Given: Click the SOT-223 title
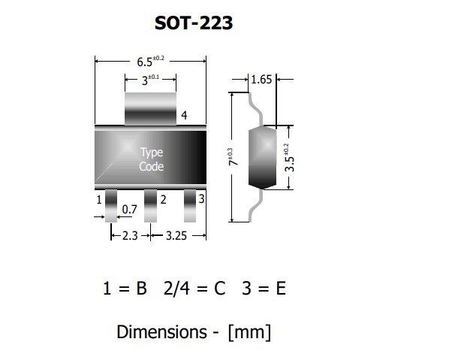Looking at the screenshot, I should tap(194, 23).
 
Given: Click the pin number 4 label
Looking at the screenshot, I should tap(184, 115).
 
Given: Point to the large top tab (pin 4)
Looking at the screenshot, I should tap(149, 107).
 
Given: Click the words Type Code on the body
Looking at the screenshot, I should tap(152, 159).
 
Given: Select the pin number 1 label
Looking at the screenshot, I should tap(99, 200).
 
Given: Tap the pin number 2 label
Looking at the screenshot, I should tap(163, 200).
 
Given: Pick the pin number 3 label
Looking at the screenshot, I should tap(201, 198).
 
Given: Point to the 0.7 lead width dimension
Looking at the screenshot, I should tap(129, 210).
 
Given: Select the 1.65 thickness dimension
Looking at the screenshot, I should tap(261, 79).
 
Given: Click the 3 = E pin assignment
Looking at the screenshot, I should tap(264, 289).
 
